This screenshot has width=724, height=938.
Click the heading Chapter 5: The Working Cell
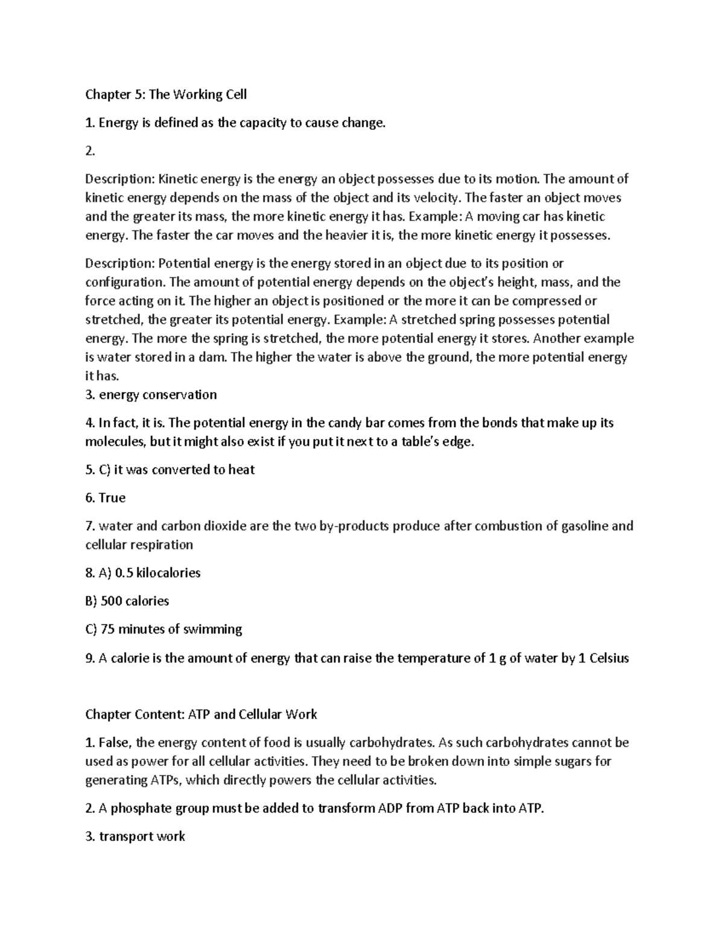(x=166, y=95)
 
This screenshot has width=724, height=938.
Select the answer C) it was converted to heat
(x=170, y=470)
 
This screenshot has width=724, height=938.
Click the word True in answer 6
(x=112, y=498)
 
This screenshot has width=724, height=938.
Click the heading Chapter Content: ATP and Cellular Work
(x=201, y=715)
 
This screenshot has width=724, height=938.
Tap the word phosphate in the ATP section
(x=136, y=809)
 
